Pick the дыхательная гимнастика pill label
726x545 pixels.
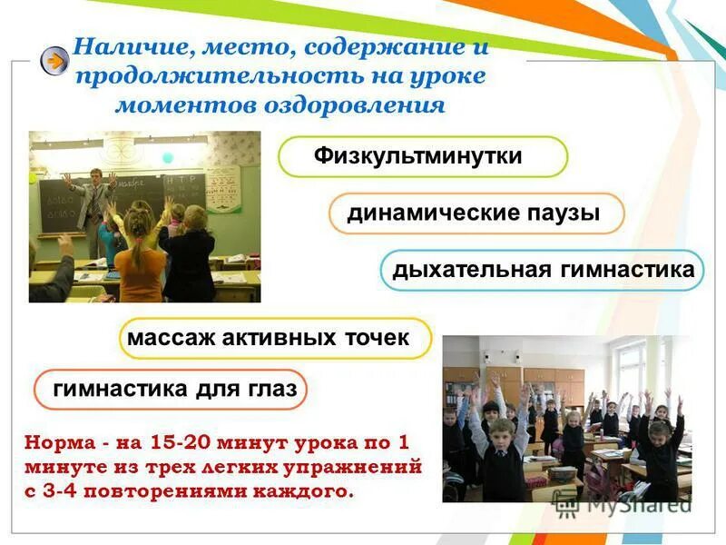click(x=543, y=270)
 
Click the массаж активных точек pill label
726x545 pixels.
click(x=270, y=338)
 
